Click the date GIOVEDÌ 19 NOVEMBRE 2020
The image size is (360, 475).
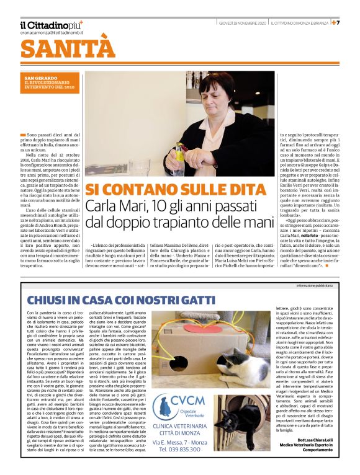[x=242, y=24]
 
